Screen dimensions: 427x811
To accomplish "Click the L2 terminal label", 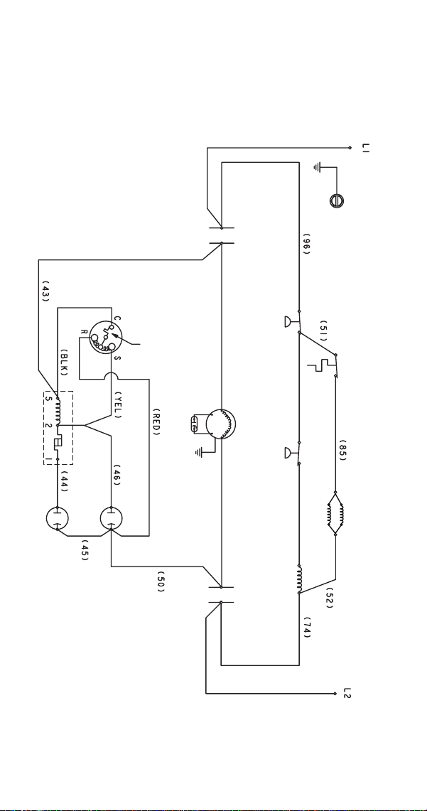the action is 347,693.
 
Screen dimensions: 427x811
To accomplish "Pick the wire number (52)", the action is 329,597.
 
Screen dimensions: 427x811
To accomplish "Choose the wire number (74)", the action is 306,628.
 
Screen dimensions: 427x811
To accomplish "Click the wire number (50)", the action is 161,581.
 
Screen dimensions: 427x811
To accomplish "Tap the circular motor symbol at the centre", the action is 221,424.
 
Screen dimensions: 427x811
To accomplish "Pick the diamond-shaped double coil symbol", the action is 335,513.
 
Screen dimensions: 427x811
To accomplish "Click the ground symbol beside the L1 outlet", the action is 318,168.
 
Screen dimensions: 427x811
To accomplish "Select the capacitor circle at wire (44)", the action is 58,519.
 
